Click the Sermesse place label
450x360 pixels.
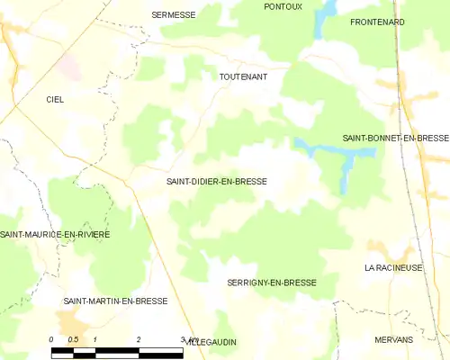point(174,14)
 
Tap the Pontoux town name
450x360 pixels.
point(283,6)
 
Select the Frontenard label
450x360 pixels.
point(377,22)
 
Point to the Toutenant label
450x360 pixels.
point(243,77)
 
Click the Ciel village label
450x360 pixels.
point(55,100)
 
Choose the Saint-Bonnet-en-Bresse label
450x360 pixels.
point(395,138)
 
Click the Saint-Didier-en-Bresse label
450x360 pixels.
point(216,181)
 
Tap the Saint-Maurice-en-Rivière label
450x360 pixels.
point(55,234)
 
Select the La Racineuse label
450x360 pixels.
point(393,268)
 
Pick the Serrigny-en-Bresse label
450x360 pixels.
point(271,283)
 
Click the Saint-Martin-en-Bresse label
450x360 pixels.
point(115,301)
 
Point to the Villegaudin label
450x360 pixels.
point(211,343)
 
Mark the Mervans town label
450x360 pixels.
point(393,339)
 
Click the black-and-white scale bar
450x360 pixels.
point(117,352)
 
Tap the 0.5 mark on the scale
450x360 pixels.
point(74,339)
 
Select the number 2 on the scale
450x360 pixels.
point(139,339)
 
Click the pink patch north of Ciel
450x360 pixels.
point(68,62)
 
